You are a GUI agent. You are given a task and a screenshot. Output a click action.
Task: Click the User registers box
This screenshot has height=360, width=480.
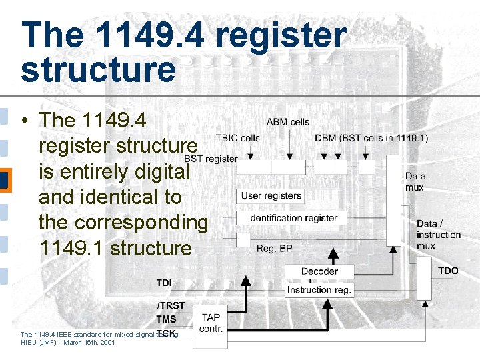(x=271, y=196)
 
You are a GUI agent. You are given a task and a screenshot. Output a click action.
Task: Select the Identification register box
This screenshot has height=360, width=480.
(x=292, y=218)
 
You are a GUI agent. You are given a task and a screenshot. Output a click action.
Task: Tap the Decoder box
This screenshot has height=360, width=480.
(x=319, y=271)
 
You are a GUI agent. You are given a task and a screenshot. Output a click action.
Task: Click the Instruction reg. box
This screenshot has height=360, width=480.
(x=319, y=290)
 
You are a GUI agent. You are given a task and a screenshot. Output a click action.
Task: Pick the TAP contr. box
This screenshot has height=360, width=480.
(x=211, y=323)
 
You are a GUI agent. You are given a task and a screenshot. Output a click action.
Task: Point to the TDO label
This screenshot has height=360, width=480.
(x=448, y=271)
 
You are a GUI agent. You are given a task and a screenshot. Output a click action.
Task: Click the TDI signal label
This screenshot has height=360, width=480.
(x=164, y=283)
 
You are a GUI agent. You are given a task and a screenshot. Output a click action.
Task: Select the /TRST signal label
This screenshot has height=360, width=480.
(x=171, y=306)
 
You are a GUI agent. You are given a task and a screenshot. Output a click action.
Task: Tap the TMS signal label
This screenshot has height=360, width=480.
(x=166, y=319)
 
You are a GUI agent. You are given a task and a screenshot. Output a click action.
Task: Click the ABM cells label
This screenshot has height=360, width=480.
(x=288, y=122)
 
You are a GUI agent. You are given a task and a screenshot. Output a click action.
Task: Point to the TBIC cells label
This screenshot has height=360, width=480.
(x=237, y=138)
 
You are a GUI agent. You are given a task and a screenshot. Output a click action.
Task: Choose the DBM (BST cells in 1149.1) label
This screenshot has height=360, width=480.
(x=371, y=138)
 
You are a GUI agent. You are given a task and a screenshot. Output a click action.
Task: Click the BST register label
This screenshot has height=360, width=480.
(x=211, y=159)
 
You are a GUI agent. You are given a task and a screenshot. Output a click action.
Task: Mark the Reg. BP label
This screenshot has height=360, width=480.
(x=274, y=249)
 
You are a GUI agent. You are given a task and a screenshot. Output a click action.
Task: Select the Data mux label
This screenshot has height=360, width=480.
(x=415, y=181)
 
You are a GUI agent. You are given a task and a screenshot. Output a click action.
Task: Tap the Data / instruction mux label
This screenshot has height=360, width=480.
(x=438, y=235)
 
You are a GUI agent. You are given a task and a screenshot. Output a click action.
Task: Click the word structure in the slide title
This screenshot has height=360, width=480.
(x=98, y=69)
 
